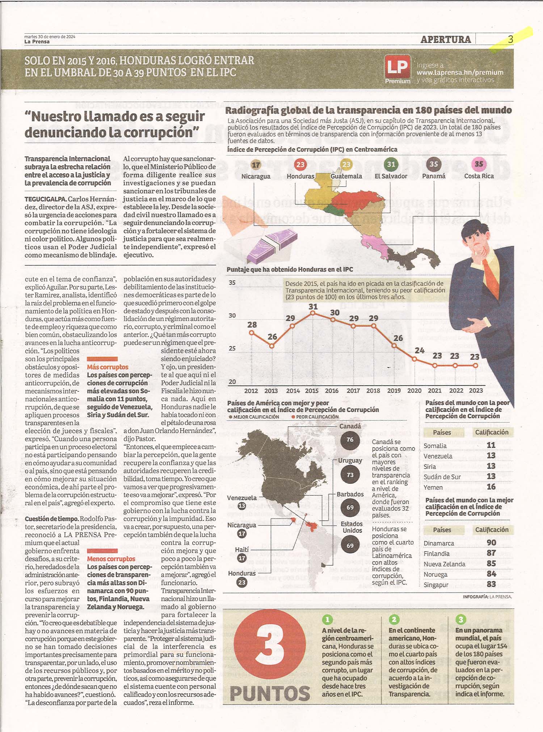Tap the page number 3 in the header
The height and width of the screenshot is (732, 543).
point(510,39)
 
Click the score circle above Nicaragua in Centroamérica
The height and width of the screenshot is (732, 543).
point(256,165)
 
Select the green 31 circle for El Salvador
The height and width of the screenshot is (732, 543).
point(391,164)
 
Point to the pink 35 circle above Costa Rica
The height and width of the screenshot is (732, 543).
point(479,164)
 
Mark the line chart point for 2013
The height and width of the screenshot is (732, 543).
point(272,346)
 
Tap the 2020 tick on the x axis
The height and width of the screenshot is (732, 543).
point(414,391)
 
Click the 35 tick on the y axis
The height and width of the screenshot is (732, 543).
point(232,283)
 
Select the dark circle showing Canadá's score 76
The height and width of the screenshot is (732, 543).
point(350,440)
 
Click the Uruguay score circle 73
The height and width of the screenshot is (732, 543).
point(350,475)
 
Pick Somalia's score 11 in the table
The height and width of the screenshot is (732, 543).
point(491,445)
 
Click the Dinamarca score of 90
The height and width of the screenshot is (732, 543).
point(491,543)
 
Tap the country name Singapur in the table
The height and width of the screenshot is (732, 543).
point(436,585)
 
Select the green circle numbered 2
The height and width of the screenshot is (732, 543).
point(394,619)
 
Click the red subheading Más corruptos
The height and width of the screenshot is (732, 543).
point(108,367)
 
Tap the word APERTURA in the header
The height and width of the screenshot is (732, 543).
point(446,39)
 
